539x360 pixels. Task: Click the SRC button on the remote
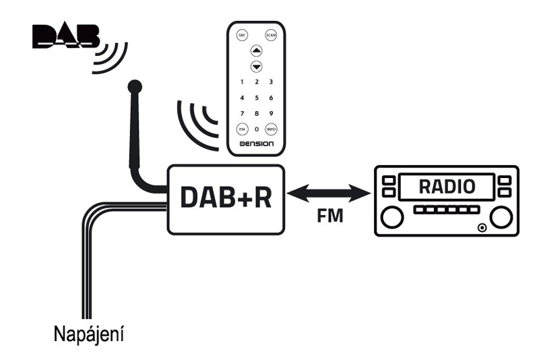(242, 36)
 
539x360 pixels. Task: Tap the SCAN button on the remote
(271, 36)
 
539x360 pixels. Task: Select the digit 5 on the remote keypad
(256, 98)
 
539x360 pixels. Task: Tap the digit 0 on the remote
(256, 129)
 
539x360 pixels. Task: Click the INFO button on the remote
(271, 129)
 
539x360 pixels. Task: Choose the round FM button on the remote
(242, 129)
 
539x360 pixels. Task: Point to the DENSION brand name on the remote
(256, 144)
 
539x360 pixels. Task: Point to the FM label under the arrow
(329, 218)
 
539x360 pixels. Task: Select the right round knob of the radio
(501, 218)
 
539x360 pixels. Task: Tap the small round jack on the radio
(481, 228)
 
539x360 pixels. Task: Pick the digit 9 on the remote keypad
(271, 113)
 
